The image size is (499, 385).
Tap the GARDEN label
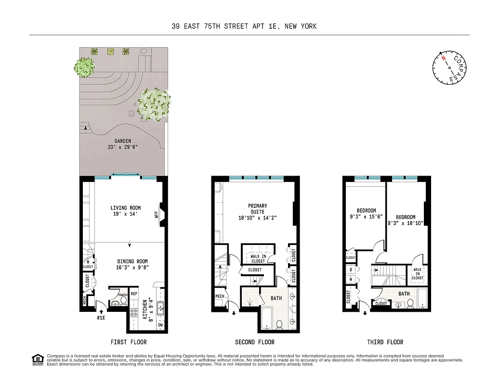coord(123,141)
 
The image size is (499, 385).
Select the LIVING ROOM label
coord(125,208)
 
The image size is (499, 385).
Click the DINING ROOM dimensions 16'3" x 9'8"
coord(127,268)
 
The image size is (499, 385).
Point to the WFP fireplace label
coord(156,214)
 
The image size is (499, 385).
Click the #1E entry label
coord(101,318)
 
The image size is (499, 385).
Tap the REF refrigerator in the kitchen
coord(134,294)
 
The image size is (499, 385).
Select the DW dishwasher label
coord(160,326)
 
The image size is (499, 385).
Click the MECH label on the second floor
coord(220,296)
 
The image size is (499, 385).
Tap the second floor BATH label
coord(276,298)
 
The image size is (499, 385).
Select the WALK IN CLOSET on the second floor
coord(258,258)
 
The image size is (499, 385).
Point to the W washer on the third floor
coord(351,279)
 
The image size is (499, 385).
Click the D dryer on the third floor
coord(351,269)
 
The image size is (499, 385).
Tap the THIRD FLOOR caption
coord(385,342)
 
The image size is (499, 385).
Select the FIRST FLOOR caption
coord(129,342)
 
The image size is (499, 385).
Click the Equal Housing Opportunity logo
coord(37,359)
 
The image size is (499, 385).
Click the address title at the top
coord(244,26)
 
